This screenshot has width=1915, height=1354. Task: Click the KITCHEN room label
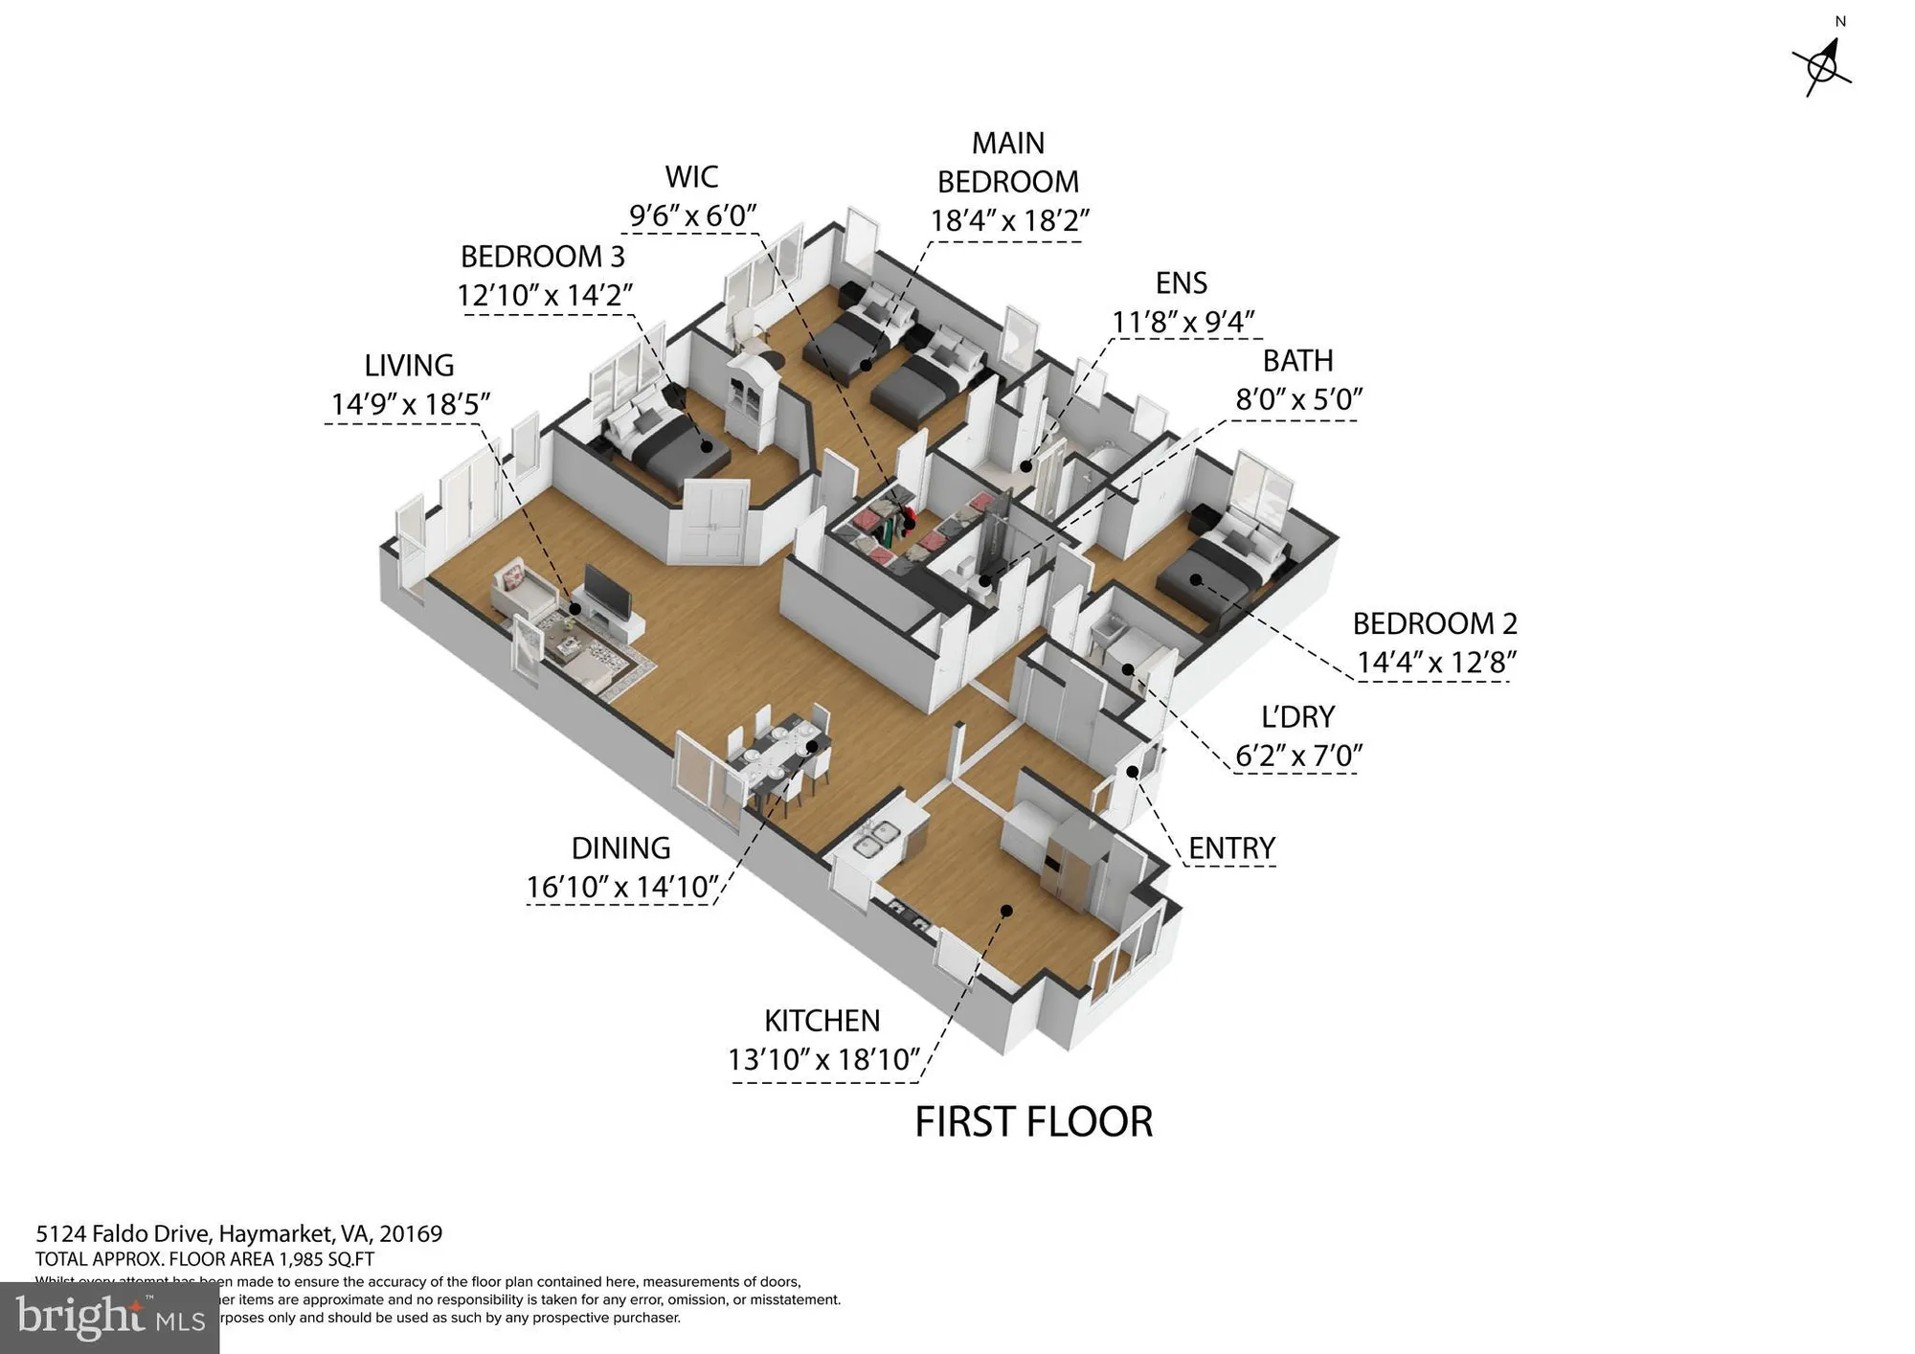[822, 1021]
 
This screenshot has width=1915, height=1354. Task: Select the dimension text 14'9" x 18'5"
[411, 404]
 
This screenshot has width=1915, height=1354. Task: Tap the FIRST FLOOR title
[1033, 1122]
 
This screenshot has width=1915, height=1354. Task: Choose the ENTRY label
[1231, 848]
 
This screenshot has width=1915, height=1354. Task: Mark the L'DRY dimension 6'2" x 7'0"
[1298, 756]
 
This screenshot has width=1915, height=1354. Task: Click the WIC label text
[691, 177]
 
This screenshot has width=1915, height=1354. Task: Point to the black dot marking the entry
[1132, 772]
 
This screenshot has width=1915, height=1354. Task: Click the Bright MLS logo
[109, 1318]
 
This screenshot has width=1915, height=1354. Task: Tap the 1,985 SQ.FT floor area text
[326, 1259]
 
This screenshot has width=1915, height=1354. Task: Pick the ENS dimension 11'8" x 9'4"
[1183, 322]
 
